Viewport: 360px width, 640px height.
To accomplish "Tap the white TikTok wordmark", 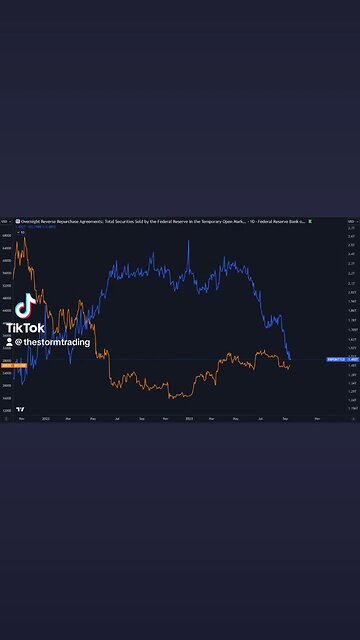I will click(x=25, y=328).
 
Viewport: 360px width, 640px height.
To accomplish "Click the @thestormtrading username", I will click(x=54, y=342).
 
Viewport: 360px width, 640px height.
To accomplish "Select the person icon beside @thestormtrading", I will click(x=9, y=342).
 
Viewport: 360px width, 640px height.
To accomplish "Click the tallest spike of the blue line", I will click(x=187, y=243).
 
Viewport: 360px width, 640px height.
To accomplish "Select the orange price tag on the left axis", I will click(x=7, y=365).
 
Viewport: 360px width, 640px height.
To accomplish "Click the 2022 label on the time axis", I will click(x=45, y=417).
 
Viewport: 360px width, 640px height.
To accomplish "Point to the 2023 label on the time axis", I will click(x=188, y=417).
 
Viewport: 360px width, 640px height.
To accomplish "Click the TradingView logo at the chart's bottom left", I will click(x=20, y=409).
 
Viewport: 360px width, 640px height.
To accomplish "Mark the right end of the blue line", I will click(x=291, y=359).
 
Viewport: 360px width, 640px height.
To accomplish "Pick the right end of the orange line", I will click(x=291, y=364).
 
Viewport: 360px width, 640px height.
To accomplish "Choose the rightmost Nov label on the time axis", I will click(x=317, y=417).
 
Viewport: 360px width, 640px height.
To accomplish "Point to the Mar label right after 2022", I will click(x=68, y=417).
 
